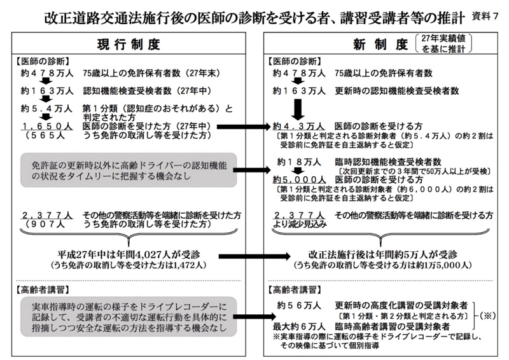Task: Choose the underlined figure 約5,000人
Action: point(296,180)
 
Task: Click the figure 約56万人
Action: point(298,305)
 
